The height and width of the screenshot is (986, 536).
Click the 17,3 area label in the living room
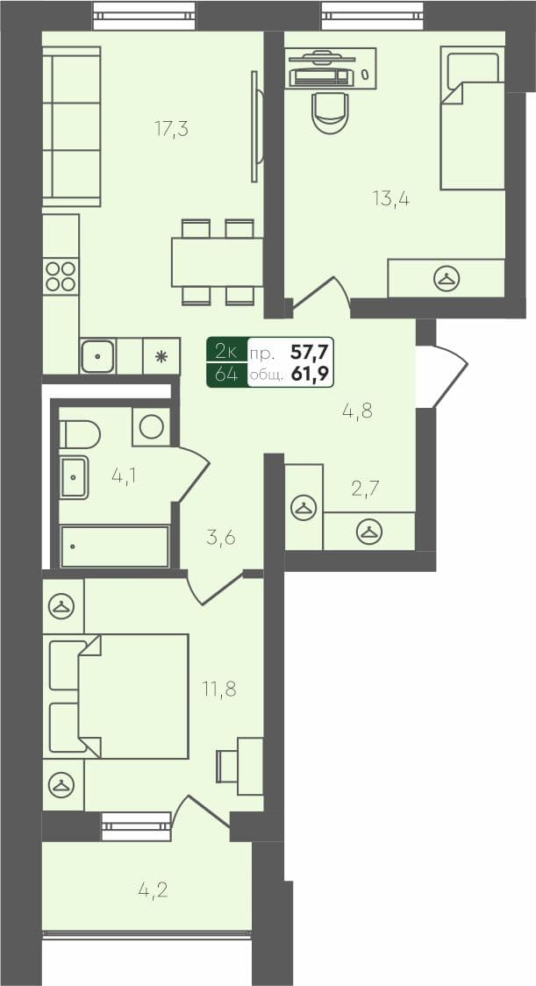tap(172, 129)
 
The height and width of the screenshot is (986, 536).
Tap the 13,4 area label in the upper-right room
tap(391, 198)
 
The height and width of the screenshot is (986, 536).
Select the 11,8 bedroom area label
tap(218, 689)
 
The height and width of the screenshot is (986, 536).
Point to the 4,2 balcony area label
tap(153, 890)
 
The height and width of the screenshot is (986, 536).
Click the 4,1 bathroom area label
tap(124, 475)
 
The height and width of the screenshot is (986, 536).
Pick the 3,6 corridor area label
tap(221, 537)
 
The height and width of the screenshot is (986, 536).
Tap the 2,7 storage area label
tap(365, 488)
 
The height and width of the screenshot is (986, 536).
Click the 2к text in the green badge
tap(225, 353)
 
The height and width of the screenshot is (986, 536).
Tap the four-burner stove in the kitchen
tap(61, 276)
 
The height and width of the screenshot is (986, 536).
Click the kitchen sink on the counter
tap(97, 356)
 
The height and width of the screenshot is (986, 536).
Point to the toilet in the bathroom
tap(78, 433)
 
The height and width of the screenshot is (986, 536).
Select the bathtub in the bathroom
tap(114, 547)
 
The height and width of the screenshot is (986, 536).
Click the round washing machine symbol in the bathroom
tap(151, 426)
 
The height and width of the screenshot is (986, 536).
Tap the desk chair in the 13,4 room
tap(330, 111)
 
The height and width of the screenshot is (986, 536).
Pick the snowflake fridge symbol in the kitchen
tap(161, 357)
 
